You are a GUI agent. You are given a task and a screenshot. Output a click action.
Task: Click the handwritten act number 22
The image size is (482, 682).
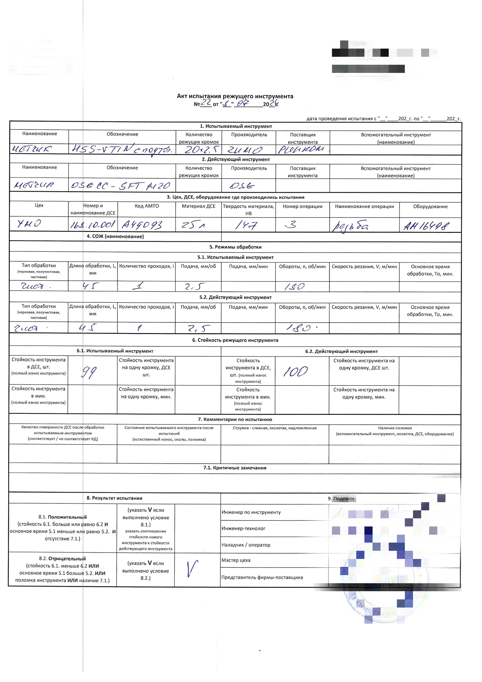[x=206, y=103]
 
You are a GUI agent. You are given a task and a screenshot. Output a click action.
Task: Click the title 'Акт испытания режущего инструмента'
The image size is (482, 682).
[x=235, y=96]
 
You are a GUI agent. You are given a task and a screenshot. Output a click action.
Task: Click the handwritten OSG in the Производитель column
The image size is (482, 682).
[x=242, y=186]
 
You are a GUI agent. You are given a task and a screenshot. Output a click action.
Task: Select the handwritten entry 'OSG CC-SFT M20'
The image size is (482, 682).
[x=120, y=186]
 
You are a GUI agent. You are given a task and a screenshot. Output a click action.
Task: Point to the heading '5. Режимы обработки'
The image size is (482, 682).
[x=235, y=247]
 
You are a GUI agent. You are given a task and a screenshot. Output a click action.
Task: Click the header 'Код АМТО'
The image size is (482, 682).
[x=147, y=206]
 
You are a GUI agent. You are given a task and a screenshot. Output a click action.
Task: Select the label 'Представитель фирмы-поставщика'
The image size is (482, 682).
[x=262, y=577]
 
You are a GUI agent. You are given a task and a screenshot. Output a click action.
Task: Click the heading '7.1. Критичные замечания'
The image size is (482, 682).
[x=235, y=468]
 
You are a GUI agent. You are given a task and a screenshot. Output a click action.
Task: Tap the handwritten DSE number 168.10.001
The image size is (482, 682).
[x=92, y=225]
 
